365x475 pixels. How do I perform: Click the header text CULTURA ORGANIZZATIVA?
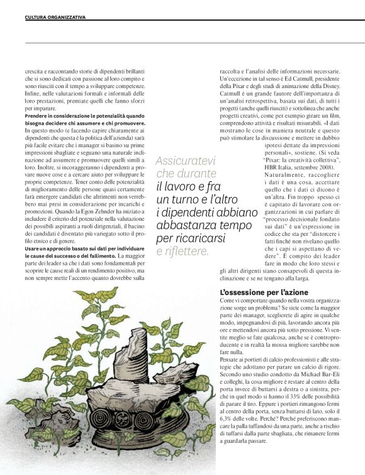point(46,16)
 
